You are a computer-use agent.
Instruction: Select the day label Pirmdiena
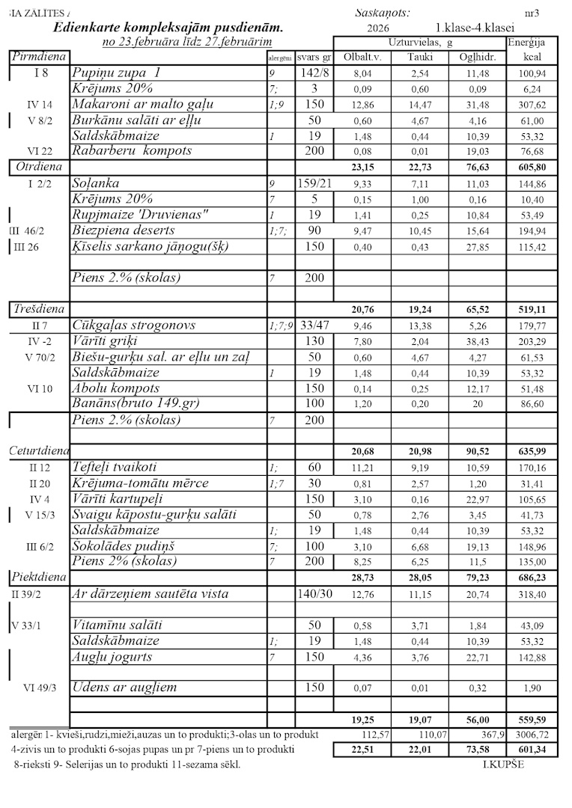[39, 57]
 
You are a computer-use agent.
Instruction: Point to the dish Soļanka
[96, 183]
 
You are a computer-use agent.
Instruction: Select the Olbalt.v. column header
[362, 57]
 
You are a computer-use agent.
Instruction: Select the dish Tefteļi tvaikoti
[114, 468]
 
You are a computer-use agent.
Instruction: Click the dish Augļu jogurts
[112, 657]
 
